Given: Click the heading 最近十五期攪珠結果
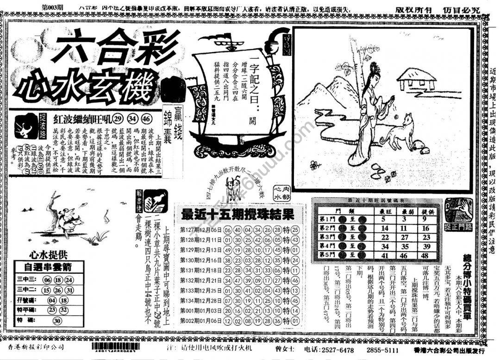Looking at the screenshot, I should coord(237,215).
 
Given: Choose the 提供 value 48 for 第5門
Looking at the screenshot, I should coord(426,255).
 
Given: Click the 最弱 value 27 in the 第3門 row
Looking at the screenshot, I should coord(405,237).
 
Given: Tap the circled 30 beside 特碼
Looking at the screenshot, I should coord(57,321).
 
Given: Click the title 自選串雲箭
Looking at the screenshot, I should coord(48,267).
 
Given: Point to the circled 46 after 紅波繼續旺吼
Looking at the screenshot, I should coord(147,117).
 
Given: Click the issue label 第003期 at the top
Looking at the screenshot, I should coord(55,8).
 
